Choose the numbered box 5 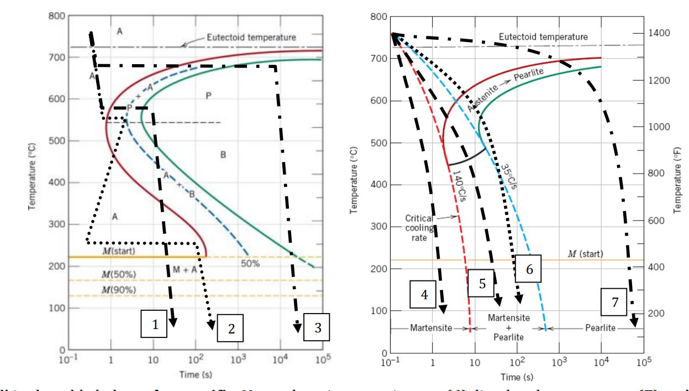482,284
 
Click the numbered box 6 528,269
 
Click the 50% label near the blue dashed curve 250,264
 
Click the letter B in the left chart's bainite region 223,155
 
